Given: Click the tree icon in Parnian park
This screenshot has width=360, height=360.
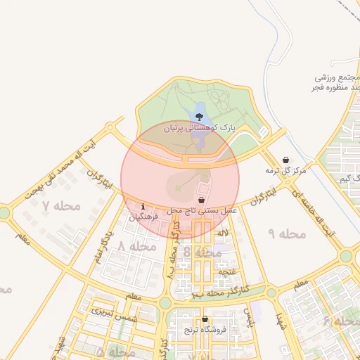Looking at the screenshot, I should tap(199, 117).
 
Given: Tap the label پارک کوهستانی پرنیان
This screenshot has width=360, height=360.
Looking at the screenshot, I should tap(198, 129).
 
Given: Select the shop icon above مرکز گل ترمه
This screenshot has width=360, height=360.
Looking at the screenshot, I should tap(285, 160).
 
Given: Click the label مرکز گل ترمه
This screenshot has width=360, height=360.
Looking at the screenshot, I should tap(286, 171).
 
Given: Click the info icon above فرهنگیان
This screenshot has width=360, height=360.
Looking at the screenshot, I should tap(143, 207).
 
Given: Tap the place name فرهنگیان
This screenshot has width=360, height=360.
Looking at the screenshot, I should tap(143, 217).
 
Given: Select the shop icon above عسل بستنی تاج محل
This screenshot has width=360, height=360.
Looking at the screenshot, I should tap(202, 200).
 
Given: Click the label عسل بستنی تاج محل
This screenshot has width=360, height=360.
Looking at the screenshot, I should tap(202, 211).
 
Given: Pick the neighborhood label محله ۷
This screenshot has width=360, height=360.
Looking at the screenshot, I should tap(62, 206).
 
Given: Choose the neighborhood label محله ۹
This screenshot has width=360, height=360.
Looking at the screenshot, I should tap(288, 233).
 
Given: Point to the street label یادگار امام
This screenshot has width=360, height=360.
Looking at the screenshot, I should tap(103, 245).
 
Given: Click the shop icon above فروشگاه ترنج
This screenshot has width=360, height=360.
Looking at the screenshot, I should tap(205, 319).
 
